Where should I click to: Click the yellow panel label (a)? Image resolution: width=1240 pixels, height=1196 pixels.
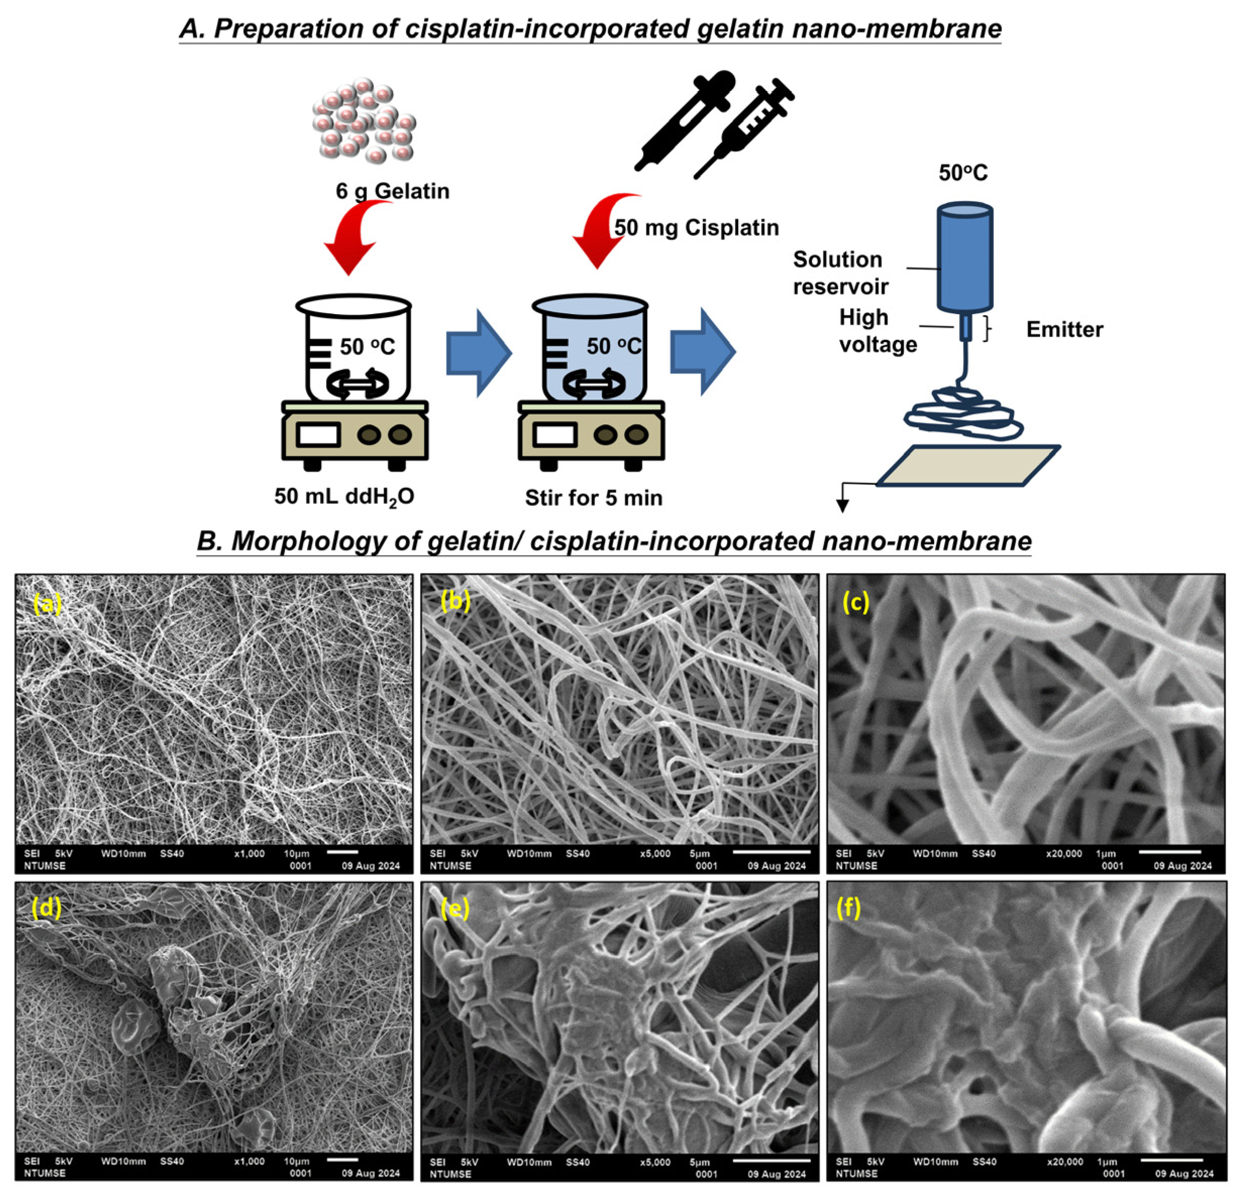click(47, 605)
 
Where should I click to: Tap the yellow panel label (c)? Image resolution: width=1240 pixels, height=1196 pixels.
click(855, 603)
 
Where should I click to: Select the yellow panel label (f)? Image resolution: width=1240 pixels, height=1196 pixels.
click(848, 908)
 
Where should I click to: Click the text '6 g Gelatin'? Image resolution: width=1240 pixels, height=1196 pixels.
click(392, 191)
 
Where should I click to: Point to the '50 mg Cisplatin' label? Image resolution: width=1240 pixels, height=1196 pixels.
click(696, 228)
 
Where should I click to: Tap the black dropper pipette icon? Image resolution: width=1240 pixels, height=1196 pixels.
click(687, 120)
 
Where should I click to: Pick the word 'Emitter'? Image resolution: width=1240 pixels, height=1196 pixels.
click(1064, 330)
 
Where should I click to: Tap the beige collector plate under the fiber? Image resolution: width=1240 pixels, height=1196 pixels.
click(968, 466)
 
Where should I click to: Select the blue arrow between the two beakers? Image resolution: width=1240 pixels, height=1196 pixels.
click(478, 353)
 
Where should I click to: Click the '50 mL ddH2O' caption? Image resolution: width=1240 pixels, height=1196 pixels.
click(344, 497)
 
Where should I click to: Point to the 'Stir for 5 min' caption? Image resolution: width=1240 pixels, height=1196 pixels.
click(593, 498)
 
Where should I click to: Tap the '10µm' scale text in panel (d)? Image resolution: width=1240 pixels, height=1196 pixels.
click(296, 1161)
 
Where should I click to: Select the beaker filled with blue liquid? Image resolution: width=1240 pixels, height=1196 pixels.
click(591, 351)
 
